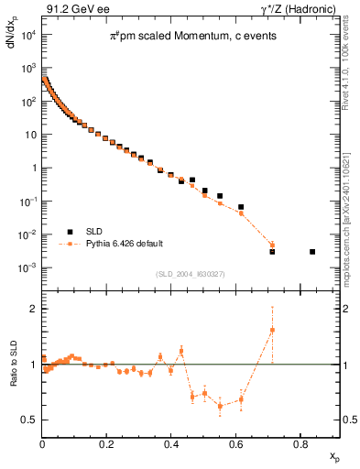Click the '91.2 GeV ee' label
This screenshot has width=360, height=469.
click(73, 9)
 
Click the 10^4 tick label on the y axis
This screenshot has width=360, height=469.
click(27, 35)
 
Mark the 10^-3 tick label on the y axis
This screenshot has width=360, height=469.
click(27, 267)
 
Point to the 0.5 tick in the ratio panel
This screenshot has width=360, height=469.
click(29, 420)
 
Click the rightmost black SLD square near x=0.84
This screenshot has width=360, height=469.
click(312, 251)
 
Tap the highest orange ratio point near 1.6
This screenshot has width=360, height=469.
click(272, 330)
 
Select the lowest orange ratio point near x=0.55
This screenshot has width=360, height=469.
click(220, 406)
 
